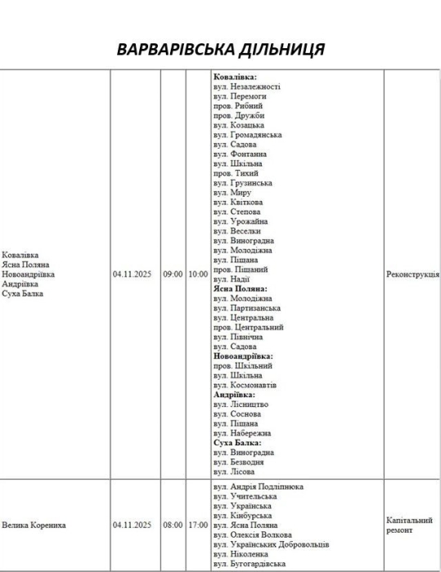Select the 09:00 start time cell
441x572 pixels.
(172, 275)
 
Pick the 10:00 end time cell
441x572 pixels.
(198, 275)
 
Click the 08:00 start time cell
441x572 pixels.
(172, 525)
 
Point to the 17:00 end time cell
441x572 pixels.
(198, 525)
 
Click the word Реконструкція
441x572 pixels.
(412, 275)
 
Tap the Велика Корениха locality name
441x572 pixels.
(34, 525)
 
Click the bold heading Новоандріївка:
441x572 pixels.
(243, 356)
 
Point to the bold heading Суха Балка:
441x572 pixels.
(237, 442)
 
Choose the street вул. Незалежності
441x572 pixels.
(247, 87)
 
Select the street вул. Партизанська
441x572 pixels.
(247, 308)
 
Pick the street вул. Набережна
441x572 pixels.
(242, 433)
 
